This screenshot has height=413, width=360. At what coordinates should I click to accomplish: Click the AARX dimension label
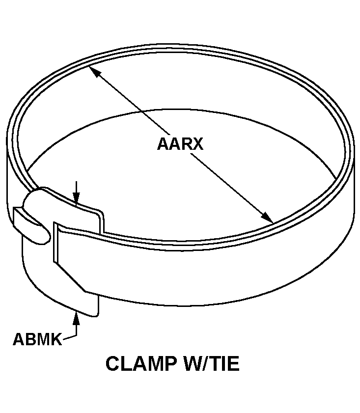click(180, 144)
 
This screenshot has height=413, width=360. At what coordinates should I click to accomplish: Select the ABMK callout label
click(37, 339)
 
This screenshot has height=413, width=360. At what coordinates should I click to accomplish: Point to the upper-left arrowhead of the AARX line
click(93, 71)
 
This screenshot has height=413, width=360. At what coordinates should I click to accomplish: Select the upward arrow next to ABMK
click(76, 319)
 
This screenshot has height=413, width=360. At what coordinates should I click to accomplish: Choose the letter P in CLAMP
click(167, 364)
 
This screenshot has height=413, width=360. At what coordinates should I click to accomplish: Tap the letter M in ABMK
click(43, 339)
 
